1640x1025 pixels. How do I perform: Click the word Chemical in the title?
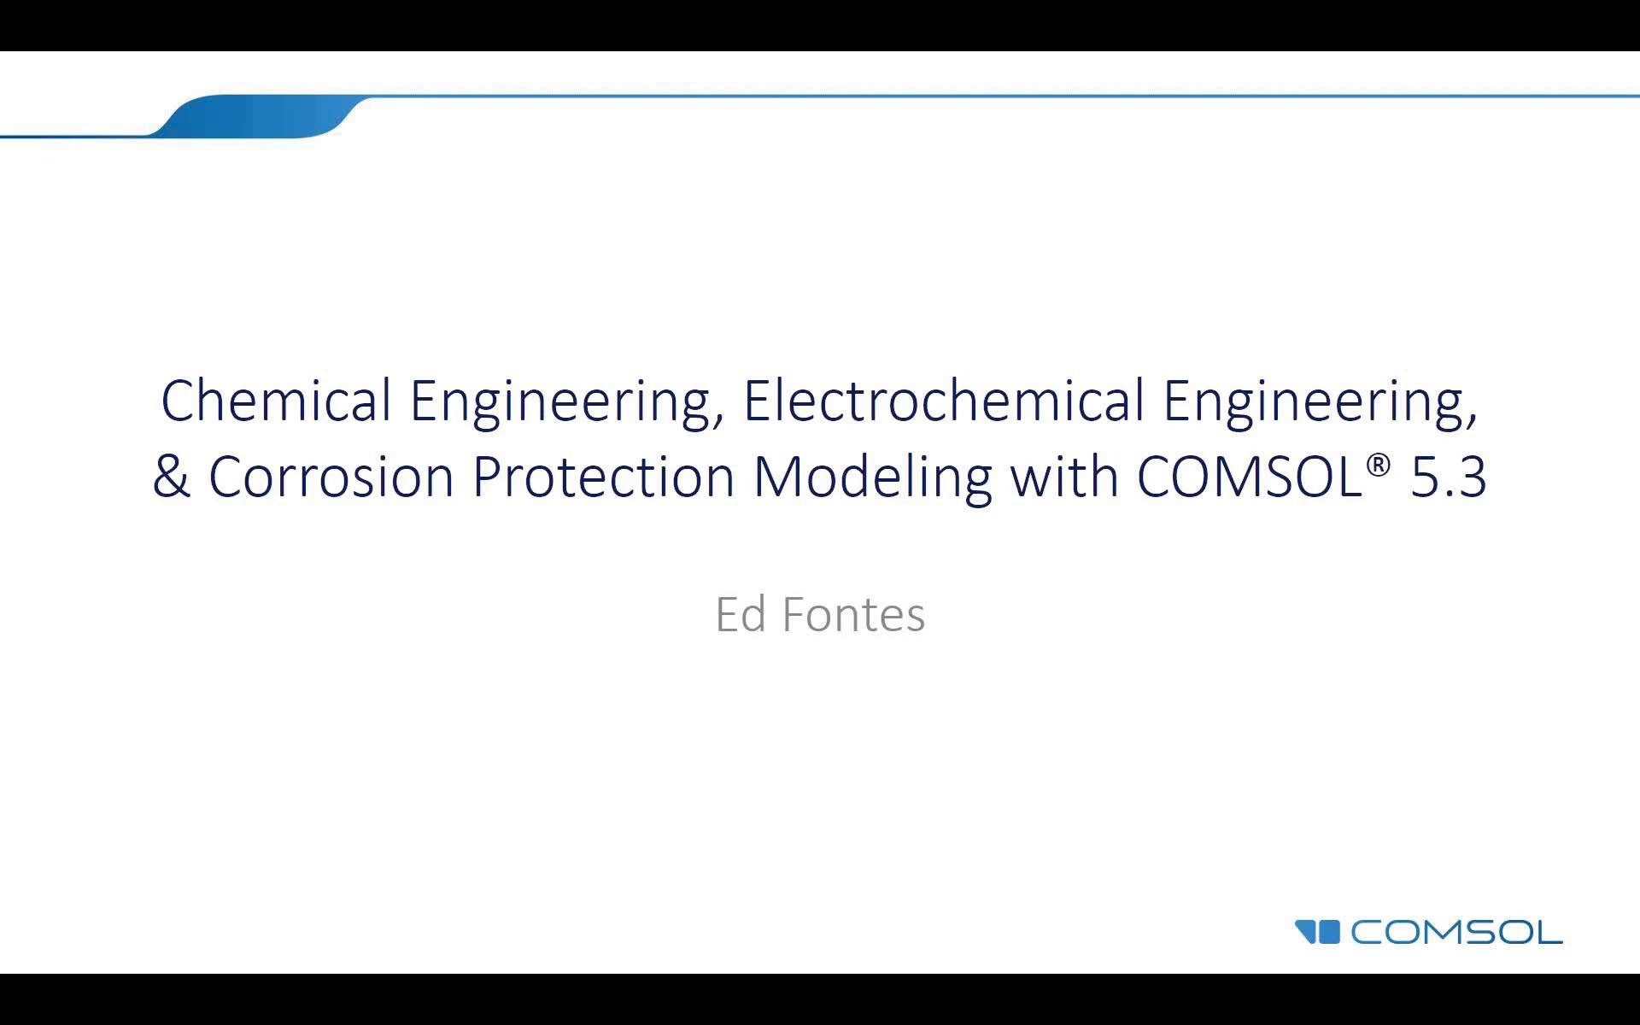point(276,401)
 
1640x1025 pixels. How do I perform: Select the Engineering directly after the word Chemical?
point(561,401)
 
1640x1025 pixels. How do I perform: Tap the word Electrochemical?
point(944,401)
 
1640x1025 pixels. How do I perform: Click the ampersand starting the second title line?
point(171,477)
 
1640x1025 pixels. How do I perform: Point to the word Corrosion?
point(331,477)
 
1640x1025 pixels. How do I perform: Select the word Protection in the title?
point(603,477)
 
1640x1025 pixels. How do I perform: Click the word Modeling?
point(872,477)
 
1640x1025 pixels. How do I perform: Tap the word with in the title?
point(1064,477)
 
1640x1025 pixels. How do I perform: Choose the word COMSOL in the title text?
point(1249,477)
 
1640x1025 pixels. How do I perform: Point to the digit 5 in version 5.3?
point(1424,477)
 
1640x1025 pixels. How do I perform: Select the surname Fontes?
point(853,614)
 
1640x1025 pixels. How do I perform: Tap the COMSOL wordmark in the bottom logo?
point(1456,932)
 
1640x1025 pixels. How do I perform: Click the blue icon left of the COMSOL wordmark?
point(1317,931)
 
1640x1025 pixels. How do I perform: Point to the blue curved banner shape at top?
point(256,116)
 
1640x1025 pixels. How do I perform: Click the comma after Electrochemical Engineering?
point(1471,419)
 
